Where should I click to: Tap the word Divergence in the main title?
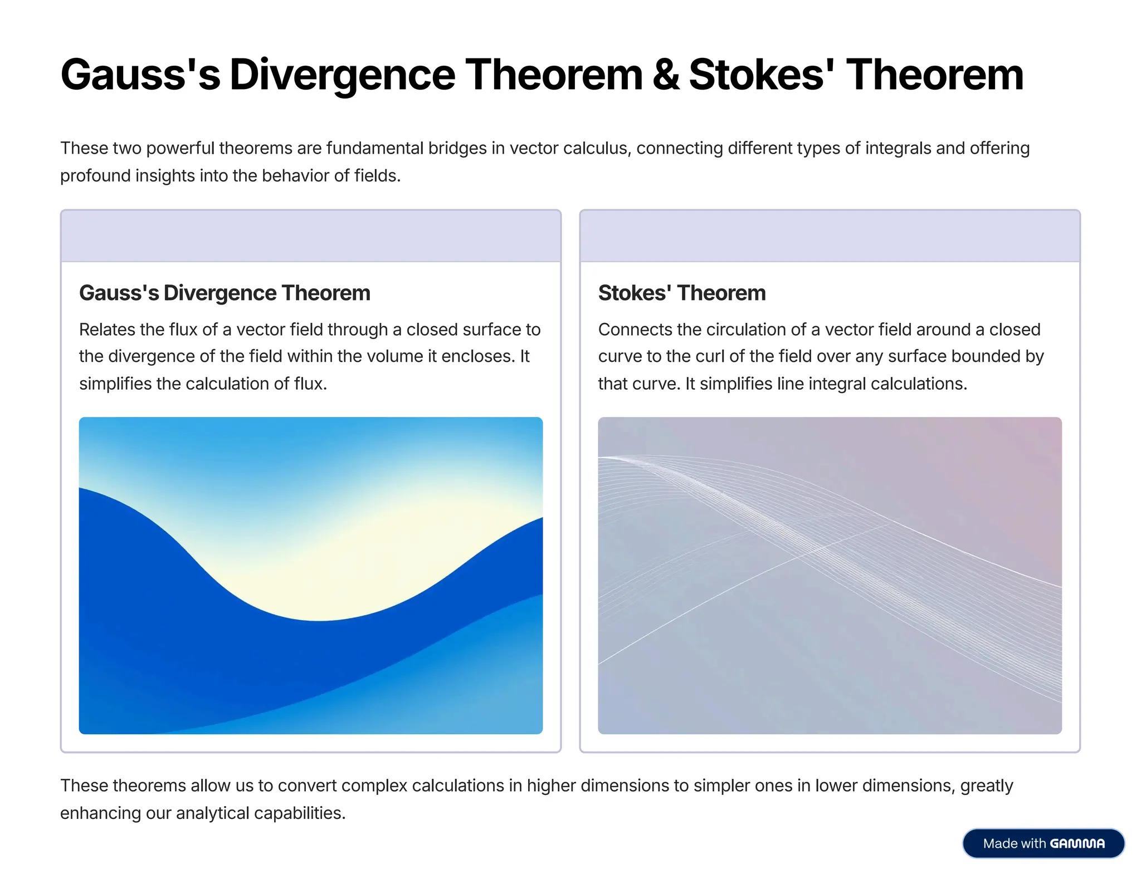(x=342, y=75)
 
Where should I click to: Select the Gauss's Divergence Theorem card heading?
(x=225, y=293)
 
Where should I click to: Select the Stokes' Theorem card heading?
(x=681, y=293)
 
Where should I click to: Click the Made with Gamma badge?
(x=1043, y=843)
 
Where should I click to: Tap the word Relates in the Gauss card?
(x=107, y=330)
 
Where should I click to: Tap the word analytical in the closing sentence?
(x=212, y=813)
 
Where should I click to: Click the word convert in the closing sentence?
(x=307, y=785)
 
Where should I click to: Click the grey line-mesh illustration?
(x=830, y=575)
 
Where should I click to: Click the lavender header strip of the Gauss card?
(x=310, y=236)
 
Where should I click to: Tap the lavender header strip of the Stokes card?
(x=830, y=236)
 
